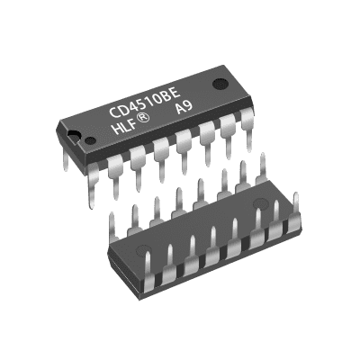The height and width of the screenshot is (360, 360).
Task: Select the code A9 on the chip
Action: [x=184, y=107]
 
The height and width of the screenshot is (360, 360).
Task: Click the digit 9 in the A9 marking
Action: [x=189, y=105]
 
